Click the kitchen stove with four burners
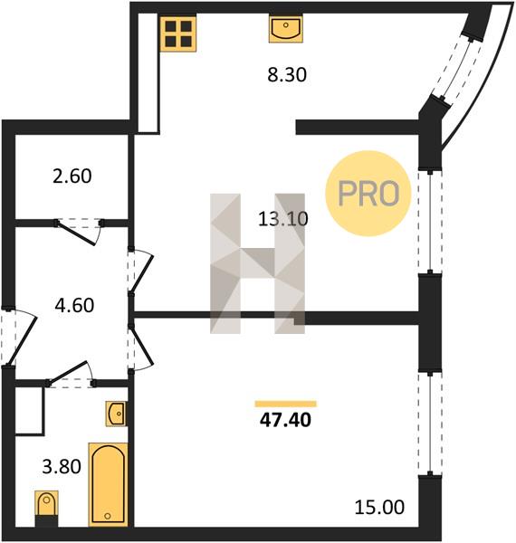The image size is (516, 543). [x=178, y=33]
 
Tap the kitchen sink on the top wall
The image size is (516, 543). [x=286, y=29]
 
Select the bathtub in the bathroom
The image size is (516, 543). [x=108, y=484]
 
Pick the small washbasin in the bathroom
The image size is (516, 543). [x=116, y=414]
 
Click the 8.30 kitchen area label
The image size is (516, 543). [x=287, y=75]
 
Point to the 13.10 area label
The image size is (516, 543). [x=283, y=219]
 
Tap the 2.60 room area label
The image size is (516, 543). [x=72, y=176]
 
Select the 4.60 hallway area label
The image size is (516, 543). [x=74, y=306]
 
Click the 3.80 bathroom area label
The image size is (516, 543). [x=62, y=466]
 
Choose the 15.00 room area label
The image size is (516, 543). [x=379, y=508]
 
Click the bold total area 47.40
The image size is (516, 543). [x=286, y=420]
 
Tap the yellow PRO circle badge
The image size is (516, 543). [x=368, y=194]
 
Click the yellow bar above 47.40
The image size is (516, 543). [x=286, y=404]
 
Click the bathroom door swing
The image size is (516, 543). [x=71, y=375]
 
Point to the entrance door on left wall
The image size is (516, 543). [x=18, y=337]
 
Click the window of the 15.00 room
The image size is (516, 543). [x=430, y=424]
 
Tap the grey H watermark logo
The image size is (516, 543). [x=257, y=263]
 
